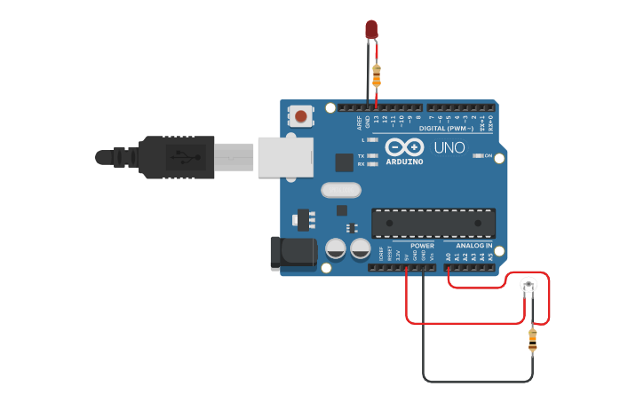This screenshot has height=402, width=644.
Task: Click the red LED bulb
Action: [371, 29]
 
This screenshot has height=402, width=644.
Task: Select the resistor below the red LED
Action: [377, 75]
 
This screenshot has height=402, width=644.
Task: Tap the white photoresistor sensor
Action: [529, 285]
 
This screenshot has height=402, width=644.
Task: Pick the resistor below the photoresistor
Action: [532, 338]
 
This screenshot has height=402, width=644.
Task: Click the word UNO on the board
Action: [449, 147]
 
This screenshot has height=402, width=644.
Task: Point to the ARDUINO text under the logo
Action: [404, 162]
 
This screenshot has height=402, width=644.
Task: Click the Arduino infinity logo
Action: [404, 147]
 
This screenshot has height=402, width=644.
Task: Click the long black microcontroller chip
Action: [433, 223]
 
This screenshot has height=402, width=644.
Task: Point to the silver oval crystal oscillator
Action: [340, 189]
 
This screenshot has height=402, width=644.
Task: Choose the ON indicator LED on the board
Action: [479, 155]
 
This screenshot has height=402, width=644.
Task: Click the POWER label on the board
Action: [422, 246]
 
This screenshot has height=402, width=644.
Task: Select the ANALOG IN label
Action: [473, 246]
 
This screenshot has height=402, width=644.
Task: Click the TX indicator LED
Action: [373, 156]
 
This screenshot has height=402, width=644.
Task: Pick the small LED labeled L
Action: [373, 140]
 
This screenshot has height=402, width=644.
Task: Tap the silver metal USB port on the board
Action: [285, 156]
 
